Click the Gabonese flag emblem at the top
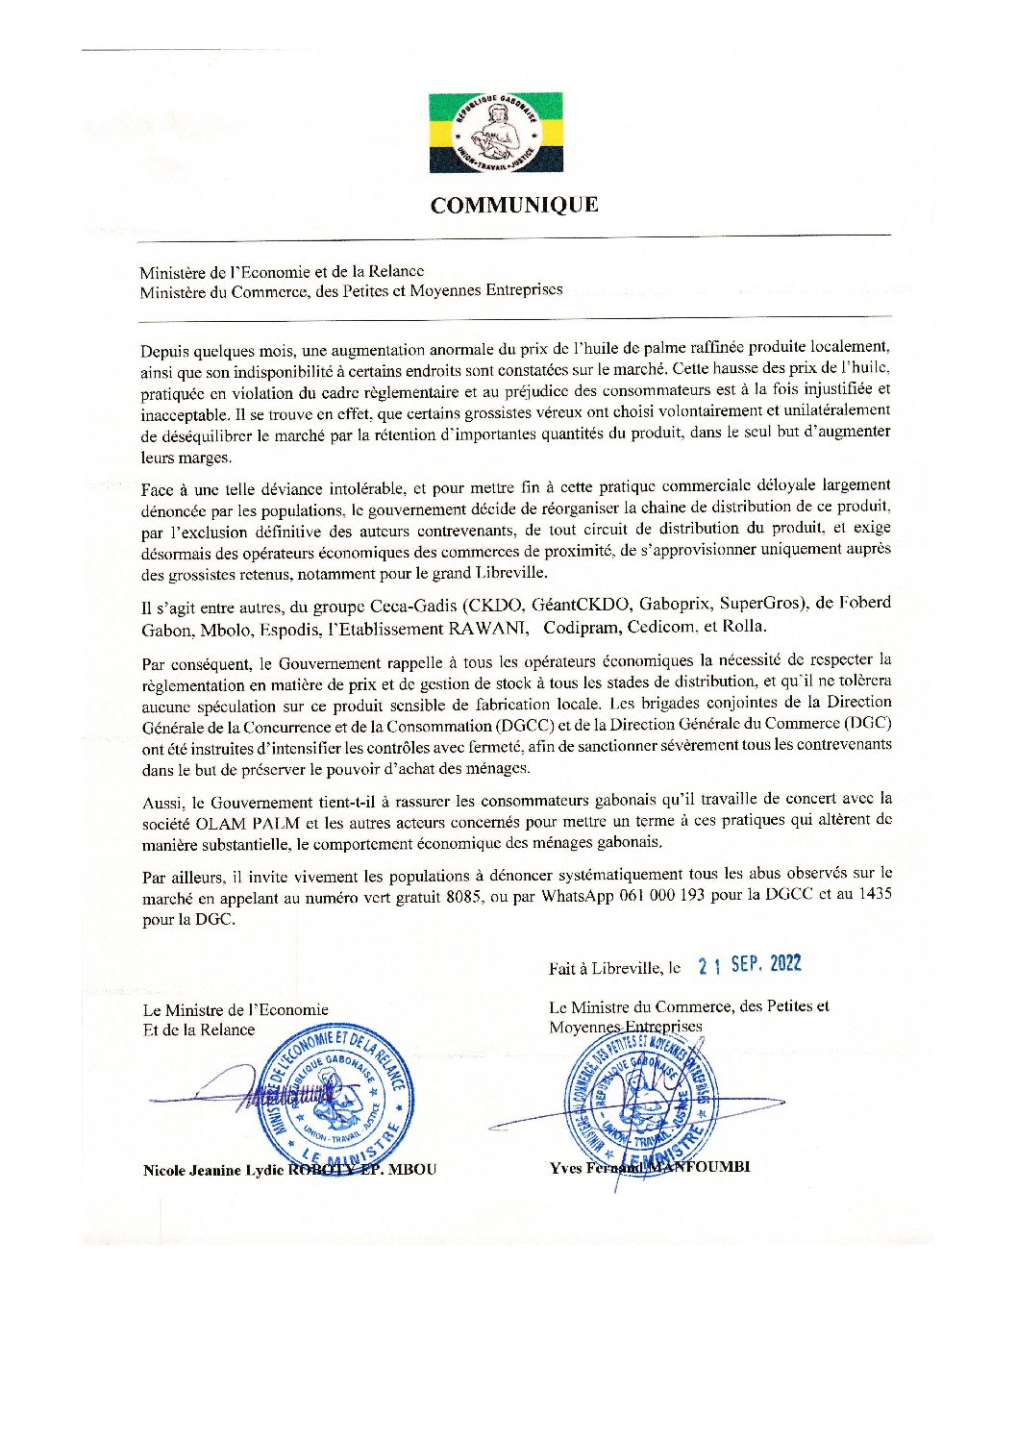click(x=496, y=133)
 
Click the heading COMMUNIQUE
click(x=514, y=205)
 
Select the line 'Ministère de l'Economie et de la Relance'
click(x=282, y=272)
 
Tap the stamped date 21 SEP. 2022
click(x=750, y=965)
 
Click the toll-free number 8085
click(x=456, y=895)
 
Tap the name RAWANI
click(x=488, y=628)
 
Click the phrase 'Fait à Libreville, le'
click(x=614, y=969)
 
